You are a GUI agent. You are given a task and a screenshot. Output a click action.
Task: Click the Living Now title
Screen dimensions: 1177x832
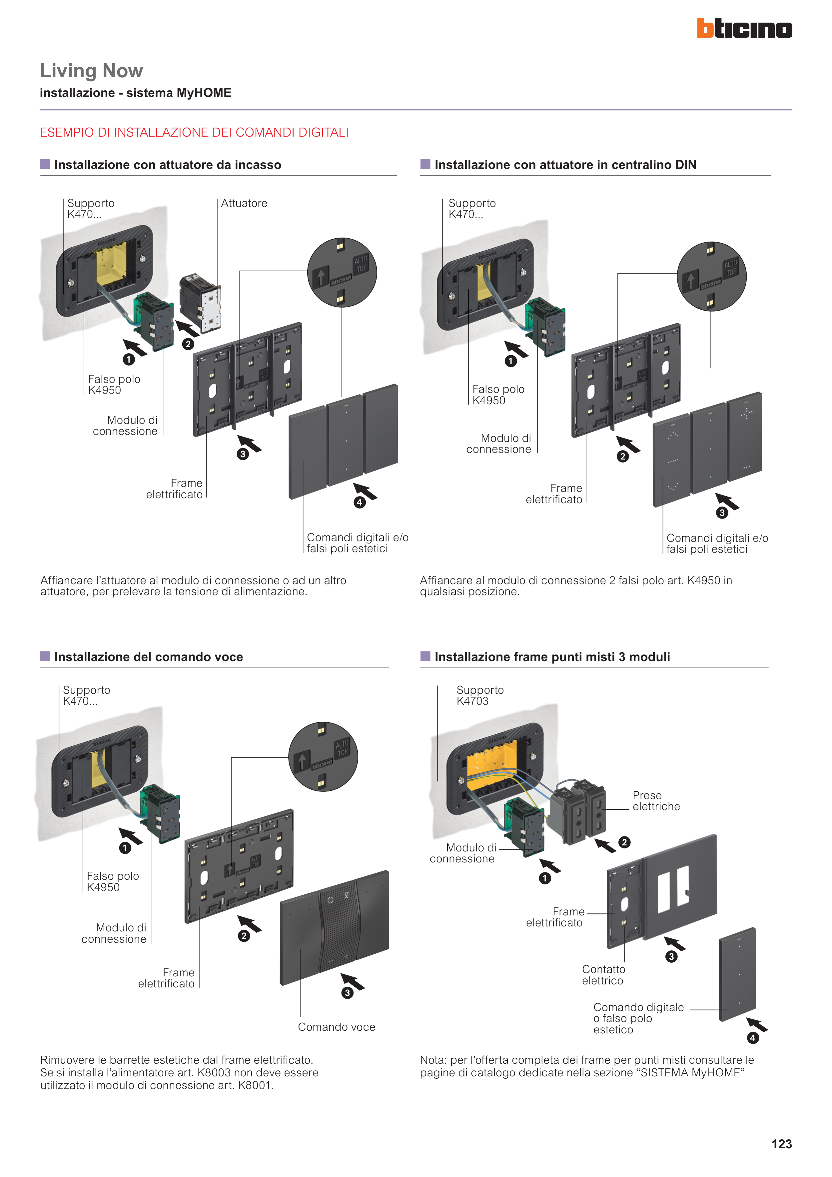tap(91, 71)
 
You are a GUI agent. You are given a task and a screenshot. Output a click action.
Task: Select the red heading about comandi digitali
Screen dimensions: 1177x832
tap(194, 132)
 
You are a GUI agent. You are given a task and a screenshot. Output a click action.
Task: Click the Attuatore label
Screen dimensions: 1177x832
tap(244, 204)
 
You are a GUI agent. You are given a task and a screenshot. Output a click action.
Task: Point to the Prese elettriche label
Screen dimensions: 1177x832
tap(656, 801)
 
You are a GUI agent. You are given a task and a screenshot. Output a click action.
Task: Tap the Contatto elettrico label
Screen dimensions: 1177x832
tap(603, 974)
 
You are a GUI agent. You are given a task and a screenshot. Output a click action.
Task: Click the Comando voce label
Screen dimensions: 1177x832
tap(336, 1027)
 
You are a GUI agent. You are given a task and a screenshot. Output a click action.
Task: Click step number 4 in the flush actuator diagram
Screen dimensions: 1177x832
tap(359, 503)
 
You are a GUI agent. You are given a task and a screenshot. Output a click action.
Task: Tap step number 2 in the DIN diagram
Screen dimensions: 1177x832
tap(622, 456)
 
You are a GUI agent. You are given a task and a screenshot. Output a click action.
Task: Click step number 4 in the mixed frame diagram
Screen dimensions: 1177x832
tap(752, 1038)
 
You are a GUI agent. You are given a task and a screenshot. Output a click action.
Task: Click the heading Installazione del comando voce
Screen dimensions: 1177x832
tap(148, 657)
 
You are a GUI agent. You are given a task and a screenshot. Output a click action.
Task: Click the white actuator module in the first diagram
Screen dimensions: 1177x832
tap(202, 303)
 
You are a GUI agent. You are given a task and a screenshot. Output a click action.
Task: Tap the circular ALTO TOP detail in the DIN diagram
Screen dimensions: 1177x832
tap(711, 276)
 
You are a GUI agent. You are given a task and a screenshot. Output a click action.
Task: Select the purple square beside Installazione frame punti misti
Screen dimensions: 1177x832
tap(425, 656)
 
